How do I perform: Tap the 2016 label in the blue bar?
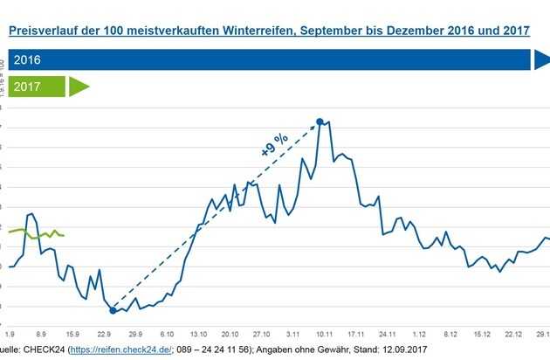28,60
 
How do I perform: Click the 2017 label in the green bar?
28,87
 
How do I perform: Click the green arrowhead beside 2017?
79,87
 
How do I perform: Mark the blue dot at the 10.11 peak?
320,121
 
